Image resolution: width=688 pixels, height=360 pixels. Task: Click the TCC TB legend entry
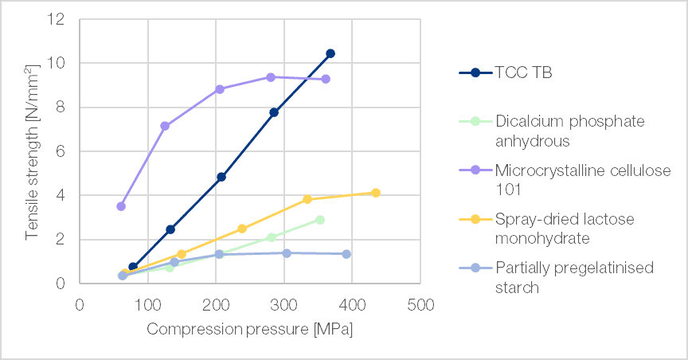click(x=523, y=72)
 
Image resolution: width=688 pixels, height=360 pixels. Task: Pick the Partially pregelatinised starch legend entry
click(x=574, y=276)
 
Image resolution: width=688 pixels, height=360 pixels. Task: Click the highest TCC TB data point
click(x=330, y=53)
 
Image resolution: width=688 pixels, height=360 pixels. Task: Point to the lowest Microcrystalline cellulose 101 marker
click(x=121, y=206)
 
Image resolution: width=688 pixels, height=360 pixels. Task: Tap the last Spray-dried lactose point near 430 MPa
click(x=376, y=193)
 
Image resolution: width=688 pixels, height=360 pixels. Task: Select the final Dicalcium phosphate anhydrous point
click(x=320, y=220)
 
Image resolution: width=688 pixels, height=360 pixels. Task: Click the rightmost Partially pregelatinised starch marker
click(x=346, y=254)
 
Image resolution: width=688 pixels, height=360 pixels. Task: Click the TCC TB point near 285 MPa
click(x=274, y=112)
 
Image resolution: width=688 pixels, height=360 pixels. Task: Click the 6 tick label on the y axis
click(x=61, y=151)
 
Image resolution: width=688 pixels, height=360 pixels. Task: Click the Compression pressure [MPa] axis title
click(x=249, y=329)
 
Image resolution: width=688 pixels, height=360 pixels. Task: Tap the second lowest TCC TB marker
click(x=170, y=229)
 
